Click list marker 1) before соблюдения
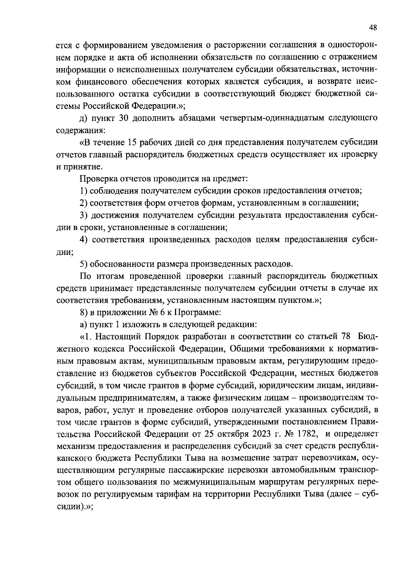84,191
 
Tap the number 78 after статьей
345,337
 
